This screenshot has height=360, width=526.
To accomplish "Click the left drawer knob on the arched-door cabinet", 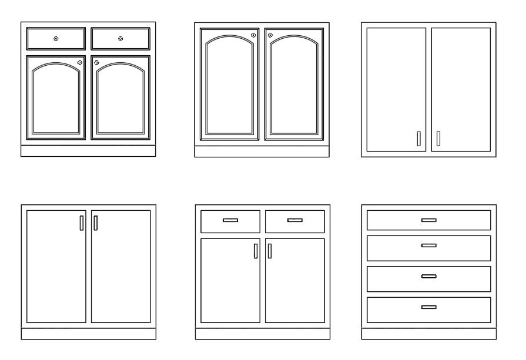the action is [56, 39].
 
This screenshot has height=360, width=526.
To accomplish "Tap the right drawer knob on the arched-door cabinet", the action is [120, 39].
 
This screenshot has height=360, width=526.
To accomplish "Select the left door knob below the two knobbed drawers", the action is [79, 62].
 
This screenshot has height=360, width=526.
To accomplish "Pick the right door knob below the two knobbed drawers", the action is [97, 62].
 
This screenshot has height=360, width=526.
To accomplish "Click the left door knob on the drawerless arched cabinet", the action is [253, 35].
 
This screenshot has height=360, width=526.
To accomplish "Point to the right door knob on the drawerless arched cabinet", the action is [271, 35].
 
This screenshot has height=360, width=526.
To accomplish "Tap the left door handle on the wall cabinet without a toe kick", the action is [418, 139].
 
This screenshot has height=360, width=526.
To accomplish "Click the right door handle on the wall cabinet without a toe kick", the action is [438, 139].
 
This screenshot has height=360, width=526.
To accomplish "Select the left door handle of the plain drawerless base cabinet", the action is [81, 223].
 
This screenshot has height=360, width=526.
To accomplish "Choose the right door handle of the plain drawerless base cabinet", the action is [95, 223].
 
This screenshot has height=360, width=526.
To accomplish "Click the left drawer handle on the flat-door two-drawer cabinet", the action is [230, 220].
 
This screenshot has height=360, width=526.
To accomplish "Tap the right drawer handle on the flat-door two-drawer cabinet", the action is [295, 220].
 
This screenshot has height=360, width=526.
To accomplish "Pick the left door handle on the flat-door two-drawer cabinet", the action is [256, 251].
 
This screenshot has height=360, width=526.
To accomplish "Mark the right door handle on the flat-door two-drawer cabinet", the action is [270, 251].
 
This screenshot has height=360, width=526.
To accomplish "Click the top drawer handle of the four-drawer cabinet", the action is [429, 220].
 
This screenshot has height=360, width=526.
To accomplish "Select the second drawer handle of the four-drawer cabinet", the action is [429, 245].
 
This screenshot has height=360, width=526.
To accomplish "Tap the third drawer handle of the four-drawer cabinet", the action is [429, 276].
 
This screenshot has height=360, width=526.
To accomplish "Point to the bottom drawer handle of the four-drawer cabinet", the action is [429, 307].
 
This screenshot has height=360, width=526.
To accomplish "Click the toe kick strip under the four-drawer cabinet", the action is [429, 334].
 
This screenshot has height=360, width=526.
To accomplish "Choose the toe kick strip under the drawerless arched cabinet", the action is [262, 152].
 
